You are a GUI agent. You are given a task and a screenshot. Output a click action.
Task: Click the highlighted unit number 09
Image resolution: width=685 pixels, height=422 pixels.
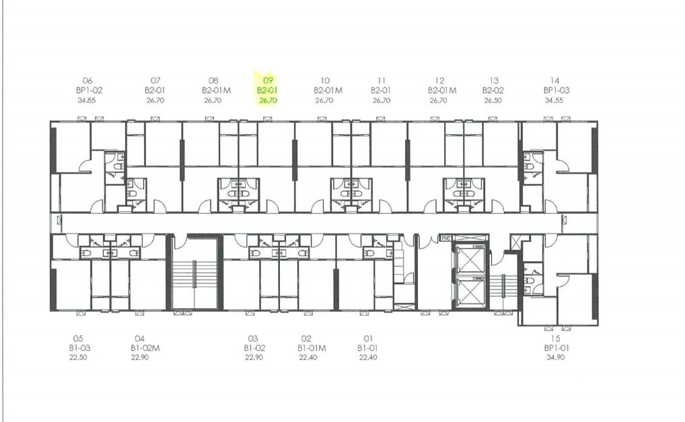(268, 80)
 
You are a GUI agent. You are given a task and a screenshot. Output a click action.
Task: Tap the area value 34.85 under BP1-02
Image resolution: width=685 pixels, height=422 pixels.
(87, 100)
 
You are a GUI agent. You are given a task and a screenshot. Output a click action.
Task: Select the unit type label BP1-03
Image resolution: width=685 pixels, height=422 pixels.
(556, 90)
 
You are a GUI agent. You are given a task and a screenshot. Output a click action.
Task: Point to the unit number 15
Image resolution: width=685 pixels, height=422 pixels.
(555, 339)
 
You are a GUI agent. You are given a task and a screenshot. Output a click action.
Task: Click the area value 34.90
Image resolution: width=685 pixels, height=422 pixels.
(555, 357)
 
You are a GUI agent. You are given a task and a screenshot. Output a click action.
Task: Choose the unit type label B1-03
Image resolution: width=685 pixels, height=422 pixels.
(79, 348)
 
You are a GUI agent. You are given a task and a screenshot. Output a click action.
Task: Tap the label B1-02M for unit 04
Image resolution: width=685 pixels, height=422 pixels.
(145, 348)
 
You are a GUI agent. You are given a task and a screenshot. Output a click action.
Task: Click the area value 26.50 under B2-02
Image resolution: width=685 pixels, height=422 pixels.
(493, 100)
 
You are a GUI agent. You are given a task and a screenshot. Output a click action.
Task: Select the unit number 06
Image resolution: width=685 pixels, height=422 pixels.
(87, 80)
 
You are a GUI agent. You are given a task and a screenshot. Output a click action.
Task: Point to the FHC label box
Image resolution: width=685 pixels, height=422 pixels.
(445, 238)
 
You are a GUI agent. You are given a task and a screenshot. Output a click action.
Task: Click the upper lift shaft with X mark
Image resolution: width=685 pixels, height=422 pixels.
(470, 260)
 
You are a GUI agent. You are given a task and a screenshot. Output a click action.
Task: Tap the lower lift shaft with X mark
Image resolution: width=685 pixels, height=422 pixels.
(470, 291)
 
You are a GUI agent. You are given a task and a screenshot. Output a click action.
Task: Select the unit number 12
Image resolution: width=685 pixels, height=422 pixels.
(439, 80)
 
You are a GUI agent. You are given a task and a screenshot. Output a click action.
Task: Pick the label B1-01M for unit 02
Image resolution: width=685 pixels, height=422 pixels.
(312, 348)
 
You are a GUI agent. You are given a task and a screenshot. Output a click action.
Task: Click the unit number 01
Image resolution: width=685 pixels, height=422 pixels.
(368, 339)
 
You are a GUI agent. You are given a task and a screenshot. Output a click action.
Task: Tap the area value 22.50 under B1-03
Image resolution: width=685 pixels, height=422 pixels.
(78, 357)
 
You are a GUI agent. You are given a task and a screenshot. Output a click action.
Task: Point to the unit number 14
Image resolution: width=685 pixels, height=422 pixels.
(554, 80)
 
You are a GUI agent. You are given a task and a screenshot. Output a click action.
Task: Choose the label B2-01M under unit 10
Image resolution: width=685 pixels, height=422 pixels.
(328, 90)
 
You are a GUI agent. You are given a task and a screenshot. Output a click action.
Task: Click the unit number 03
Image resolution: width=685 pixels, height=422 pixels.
(253, 339)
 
